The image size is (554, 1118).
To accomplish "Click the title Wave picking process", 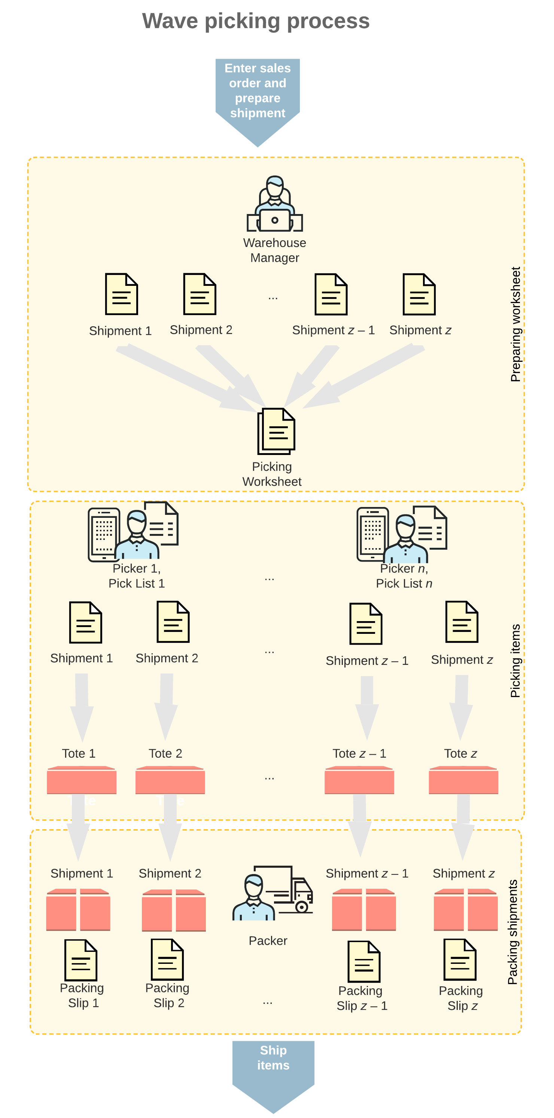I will pyautogui.click(x=256, y=21).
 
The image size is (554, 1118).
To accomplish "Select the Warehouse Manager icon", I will pyautogui.click(x=274, y=204).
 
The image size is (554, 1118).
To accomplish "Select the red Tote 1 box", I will pyautogui.click(x=82, y=781).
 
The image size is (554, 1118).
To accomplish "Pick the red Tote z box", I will pyautogui.click(x=463, y=781).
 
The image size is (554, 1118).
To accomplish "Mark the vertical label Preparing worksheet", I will pyautogui.click(x=515, y=324).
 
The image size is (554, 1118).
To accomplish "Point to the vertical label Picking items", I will pyautogui.click(x=515, y=660).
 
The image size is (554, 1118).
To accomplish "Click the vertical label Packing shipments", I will pyautogui.click(x=513, y=931).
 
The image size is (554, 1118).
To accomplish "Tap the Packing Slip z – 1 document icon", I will pyautogui.click(x=364, y=961).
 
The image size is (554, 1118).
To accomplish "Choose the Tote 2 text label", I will pyautogui.click(x=165, y=754).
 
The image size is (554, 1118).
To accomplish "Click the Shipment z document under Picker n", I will pyautogui.click(x=462, y=622).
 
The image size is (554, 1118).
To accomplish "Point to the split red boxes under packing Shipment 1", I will pyautogui.click(x=78, y=910).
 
